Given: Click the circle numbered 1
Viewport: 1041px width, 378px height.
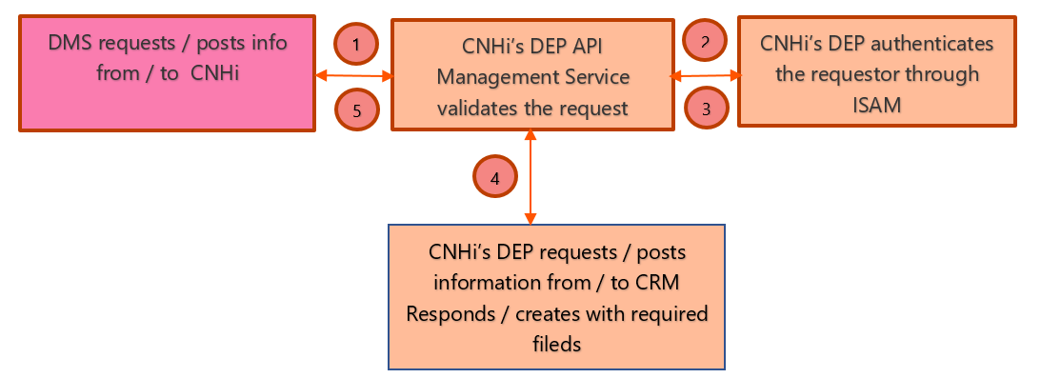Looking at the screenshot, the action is coord(356,45).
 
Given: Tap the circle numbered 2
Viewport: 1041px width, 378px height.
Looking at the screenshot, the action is coord(705,40).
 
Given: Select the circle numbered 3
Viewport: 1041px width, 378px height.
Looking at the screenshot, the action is coord(707,109).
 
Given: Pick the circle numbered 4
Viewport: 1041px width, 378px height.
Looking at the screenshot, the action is coord(494,177).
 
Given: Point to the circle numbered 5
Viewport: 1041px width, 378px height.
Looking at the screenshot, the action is coord(357,109).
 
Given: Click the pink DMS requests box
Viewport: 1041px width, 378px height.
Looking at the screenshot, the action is coord(168,73).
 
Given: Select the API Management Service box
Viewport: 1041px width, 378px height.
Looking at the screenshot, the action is coord(532,74).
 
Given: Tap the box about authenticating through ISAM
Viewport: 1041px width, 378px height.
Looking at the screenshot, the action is coord(877,71).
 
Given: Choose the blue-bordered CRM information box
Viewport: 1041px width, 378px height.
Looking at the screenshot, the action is coord(556,296).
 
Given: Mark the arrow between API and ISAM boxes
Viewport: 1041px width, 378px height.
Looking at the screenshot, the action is coord(707,76).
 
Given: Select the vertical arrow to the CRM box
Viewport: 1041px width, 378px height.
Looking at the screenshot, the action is coord(530,177).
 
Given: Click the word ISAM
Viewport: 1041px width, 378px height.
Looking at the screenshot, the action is coord(876,104).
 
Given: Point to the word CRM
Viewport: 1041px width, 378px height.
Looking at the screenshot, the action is coord(657,283).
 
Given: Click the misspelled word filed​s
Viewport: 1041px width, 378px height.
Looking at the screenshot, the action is coord(557,344).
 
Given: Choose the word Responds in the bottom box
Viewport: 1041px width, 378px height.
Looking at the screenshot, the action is coord(449,313).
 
